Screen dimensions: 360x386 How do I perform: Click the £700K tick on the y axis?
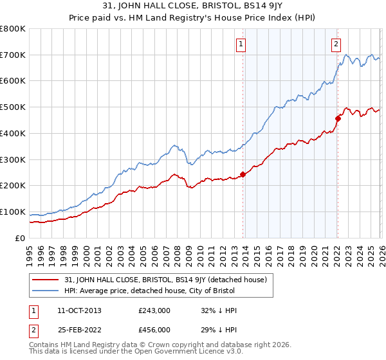click(13, 55)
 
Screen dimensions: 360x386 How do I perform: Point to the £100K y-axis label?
click(13, 212)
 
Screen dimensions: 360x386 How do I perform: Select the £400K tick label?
click(13, 133)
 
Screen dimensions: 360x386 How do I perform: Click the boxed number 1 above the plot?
click(241, 44)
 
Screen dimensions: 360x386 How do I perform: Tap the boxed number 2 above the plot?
click(336, 44)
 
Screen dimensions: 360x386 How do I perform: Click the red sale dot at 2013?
click(243, 174)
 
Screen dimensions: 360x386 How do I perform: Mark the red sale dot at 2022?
click(337, 118)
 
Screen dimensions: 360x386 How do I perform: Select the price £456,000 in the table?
click(154, 329)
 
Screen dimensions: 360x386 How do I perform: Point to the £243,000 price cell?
click(154, 310)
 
